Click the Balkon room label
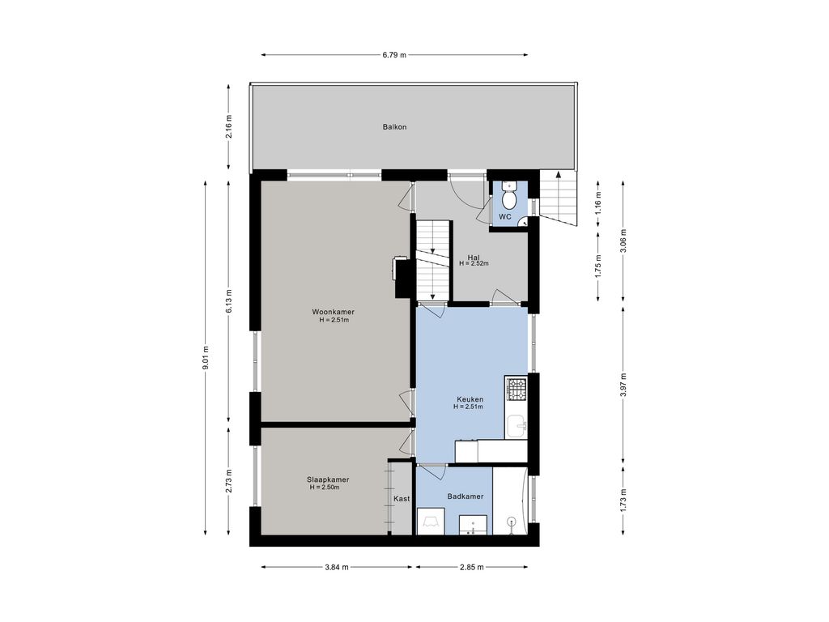tap(394, 127)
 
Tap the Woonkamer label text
tap(333, 312)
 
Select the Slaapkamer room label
tap(328, 479)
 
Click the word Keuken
tap(470, 399)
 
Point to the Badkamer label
tap(466, 496)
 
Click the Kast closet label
tap(402, 499)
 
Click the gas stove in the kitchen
tap(516, 389)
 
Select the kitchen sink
tap(517, 426)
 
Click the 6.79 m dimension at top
tap(394, 54)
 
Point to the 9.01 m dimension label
tap(205, 358)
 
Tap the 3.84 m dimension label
tap(337, 568)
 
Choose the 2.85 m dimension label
tap(472, 568)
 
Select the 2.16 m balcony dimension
tap(228, 127)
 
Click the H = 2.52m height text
tap(474, 263)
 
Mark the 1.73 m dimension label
tap(624, 500)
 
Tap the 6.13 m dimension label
tap(228, 301)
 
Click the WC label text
tap(505, 217)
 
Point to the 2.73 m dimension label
tap(228, 481)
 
